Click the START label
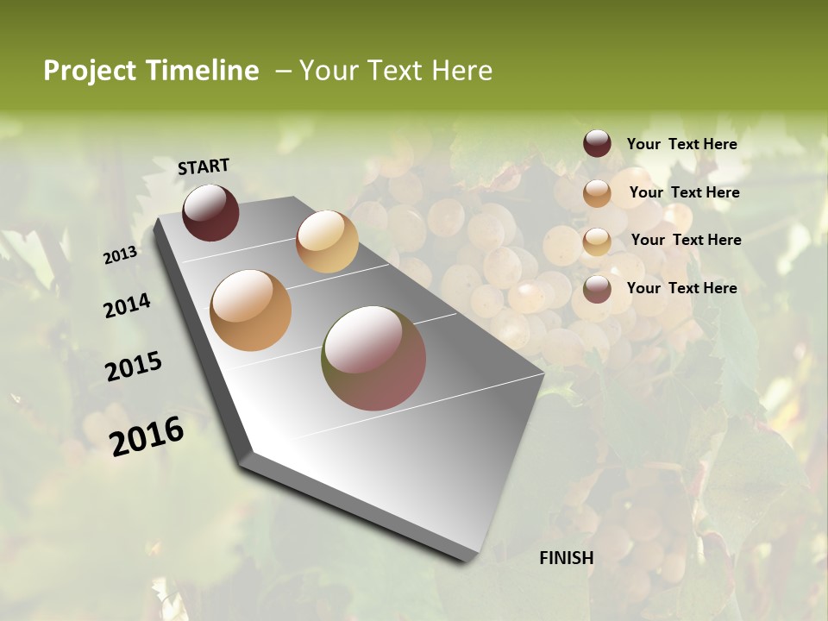point(204,166)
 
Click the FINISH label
point(567,558)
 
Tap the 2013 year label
point(121,254)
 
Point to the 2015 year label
point(134,367)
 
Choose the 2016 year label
point(147,436)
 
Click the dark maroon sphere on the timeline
point(210,213)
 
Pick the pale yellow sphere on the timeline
point(327,241)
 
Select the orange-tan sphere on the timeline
point(251,310)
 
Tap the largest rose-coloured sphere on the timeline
point(373,358)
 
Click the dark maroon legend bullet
point(597,144)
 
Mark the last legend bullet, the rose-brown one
point(597,289)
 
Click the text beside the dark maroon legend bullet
point(681,144)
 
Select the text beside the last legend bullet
point(681,288)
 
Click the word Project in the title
point(91,72)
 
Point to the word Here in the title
point(461,71)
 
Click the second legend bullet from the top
point(597,193)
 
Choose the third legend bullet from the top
point(597,241)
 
